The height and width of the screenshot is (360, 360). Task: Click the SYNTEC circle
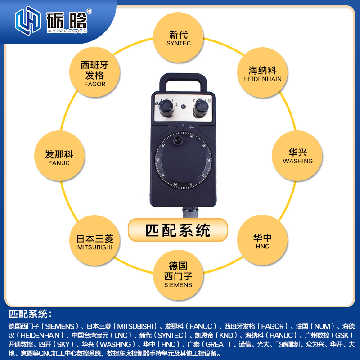pos(179,38)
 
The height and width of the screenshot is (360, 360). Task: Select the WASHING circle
pos(297,156)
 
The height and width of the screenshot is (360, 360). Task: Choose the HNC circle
pos(262,241)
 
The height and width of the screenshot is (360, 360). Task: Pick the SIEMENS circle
pos(178,274)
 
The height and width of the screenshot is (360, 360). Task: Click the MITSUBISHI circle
pos(94,241)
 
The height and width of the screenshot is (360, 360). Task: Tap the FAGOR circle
pos(94,74)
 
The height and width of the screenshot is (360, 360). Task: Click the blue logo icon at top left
pos(28,20)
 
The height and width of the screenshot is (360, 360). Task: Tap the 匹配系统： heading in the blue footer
pos(31,314)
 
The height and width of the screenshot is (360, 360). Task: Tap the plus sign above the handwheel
pos(191,128)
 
